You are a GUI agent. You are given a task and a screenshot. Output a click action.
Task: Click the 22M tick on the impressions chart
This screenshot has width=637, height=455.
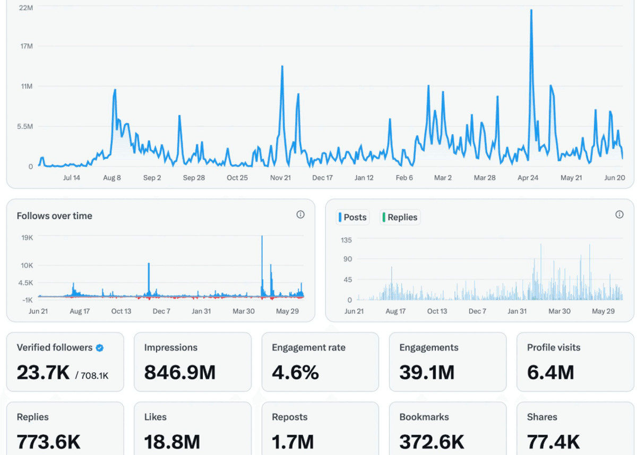pos(26,7)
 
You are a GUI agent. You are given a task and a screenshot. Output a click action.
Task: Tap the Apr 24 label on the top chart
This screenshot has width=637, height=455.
pos(528,178)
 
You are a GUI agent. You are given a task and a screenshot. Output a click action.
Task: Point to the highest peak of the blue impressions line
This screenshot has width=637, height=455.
pos(531,11)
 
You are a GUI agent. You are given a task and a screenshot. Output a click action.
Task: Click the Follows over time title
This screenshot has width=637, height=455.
pos(54,216)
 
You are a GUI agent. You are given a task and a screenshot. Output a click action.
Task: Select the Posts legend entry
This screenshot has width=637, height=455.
pos(352,217)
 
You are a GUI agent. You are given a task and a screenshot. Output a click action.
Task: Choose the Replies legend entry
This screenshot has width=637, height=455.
pos(400,217)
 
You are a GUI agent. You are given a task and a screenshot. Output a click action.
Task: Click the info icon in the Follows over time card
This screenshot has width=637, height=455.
pos(300,214)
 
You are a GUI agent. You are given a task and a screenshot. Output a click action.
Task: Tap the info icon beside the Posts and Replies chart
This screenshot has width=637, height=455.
pos(619,214)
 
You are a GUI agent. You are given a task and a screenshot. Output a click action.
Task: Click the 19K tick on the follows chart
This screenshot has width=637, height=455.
pos(27,238)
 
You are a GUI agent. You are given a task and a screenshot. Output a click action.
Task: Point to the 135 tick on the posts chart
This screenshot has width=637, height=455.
pos(346,240)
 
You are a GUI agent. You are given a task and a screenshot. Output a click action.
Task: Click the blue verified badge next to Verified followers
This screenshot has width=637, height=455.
pos(100,348)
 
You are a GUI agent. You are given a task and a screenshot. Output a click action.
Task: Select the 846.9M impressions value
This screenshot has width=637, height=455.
pos(180,372)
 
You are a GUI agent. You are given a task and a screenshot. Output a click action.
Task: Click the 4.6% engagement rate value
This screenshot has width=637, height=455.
pos(295,372)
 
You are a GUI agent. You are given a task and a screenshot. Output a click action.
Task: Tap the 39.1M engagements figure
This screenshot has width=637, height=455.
pos(427,372)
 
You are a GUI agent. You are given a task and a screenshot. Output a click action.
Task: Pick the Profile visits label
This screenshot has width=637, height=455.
pos(553,347)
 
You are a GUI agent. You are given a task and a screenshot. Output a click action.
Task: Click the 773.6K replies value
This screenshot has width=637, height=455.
pos(48,442)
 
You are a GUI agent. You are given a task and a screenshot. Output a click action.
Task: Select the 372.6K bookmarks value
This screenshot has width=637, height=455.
pos(432,442)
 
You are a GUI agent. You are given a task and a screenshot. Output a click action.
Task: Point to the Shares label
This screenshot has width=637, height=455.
pos(542,417)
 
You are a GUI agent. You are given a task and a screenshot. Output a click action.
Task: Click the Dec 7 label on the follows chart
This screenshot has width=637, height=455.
pos(161,311)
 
